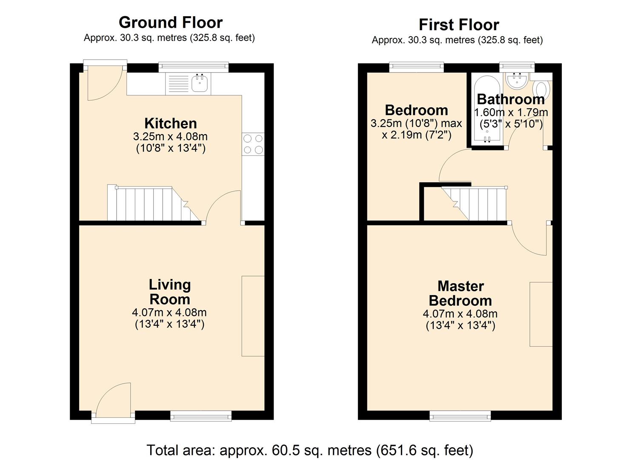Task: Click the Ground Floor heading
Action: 170,22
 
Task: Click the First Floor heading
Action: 458,25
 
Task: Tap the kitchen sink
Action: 200,83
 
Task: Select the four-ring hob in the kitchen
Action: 253,144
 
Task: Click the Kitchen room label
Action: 170,124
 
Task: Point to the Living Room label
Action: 169,292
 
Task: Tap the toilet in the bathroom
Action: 541,89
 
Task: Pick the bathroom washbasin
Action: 518,81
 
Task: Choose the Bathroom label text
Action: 511,99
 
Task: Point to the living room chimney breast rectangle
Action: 253,316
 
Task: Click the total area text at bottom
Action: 310,450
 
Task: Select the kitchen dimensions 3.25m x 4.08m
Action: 170,137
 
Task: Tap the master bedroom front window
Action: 460,415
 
